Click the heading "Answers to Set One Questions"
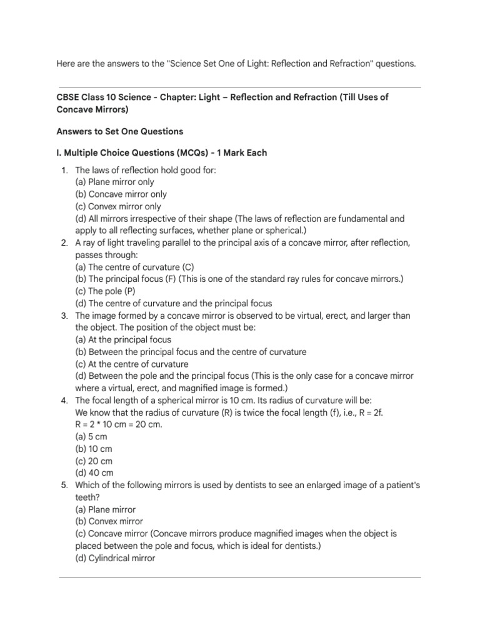point(119,132)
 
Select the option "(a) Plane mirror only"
point(114,182)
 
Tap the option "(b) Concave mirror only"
point(121,194)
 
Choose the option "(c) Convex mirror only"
point(118,206)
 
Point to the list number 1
point(64,170)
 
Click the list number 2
point(64,242)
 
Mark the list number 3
point(64,316)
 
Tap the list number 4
point(64,401)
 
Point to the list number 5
point(64,485)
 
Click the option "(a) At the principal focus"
point(123,340)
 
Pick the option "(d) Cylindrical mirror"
point(115,558)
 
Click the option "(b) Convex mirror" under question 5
point(109,522)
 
